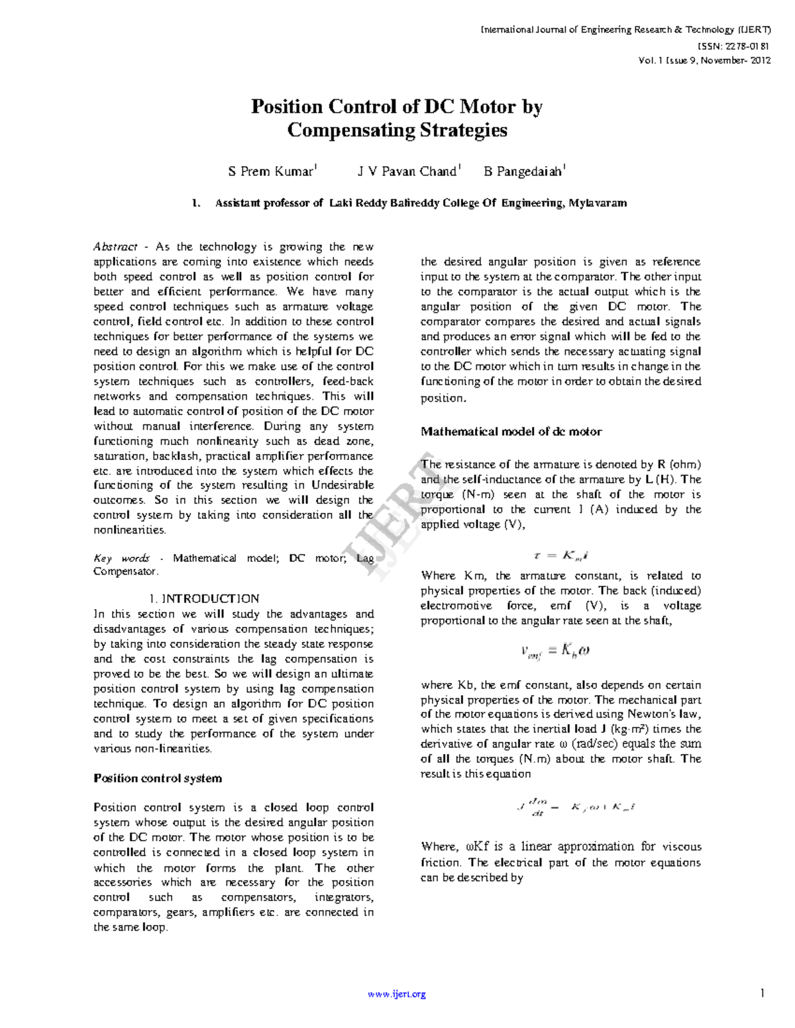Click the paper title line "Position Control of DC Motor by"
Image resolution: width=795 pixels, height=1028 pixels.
pos(397,107)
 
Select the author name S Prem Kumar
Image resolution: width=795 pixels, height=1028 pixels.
pos(270,172)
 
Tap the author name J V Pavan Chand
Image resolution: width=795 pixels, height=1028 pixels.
pos(407,172)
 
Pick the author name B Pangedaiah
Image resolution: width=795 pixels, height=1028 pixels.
pos(523,172)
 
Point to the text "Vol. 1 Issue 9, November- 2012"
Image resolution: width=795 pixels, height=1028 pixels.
pos(704,60)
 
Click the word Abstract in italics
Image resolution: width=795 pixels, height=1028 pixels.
pos(115,247)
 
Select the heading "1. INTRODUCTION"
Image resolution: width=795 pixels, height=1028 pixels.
pos(204,598)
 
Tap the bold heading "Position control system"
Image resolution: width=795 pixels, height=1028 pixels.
pos(158,778)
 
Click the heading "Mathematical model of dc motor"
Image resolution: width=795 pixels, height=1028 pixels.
pos(511,432)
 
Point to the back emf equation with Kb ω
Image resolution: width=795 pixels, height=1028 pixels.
pos(555,651)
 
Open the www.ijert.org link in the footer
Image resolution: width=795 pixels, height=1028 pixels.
pos(397,994)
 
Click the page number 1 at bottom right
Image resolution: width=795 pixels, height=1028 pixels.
pos(763,993)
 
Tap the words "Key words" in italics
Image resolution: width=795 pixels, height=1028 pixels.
pos(122,558)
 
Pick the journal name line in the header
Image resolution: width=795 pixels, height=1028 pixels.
pos(625,30)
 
